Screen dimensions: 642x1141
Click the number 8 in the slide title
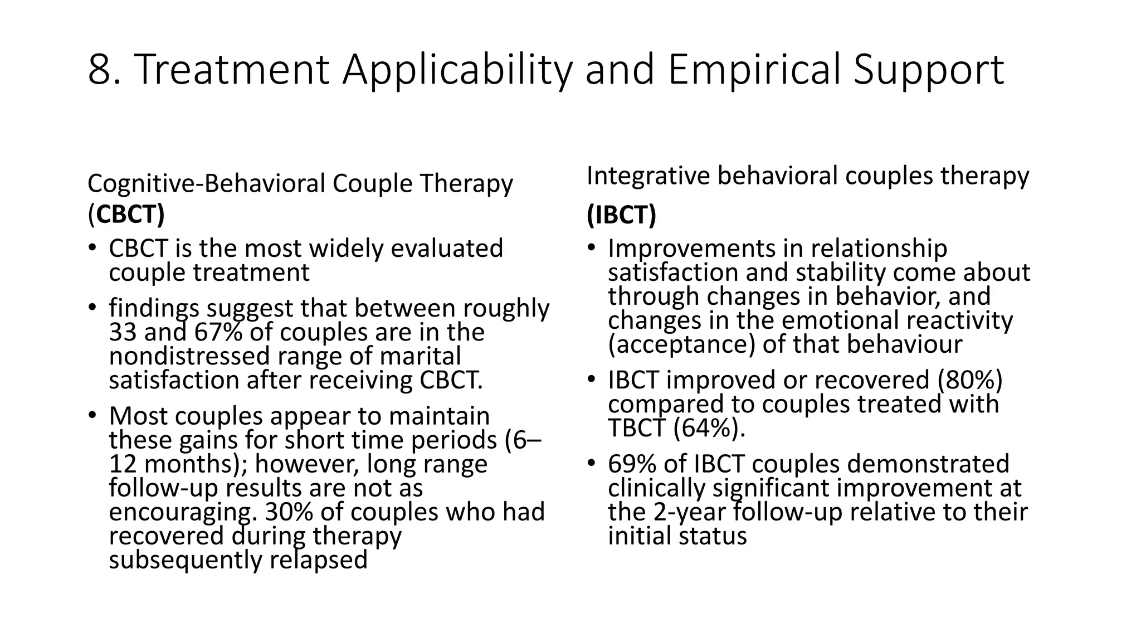tap(100, 70)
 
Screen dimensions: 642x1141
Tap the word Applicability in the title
tap(457, 70)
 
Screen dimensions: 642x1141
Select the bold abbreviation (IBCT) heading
tap(621, 215)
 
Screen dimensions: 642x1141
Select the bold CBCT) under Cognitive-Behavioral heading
tap(130, 215)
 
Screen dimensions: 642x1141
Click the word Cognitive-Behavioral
tap(206, 183)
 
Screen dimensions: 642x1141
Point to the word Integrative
tap(647, 176)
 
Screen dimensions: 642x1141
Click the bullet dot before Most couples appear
tap(91, 416)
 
